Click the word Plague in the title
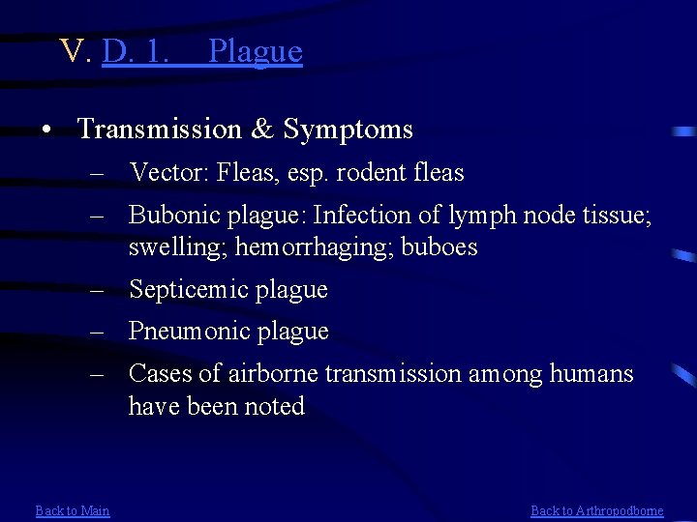(x=256, y=51)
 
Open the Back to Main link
(x=73, y=510)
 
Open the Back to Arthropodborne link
(x=597, y=510)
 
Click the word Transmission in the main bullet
(x=158, y=129)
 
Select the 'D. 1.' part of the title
(x=136, y=51)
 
